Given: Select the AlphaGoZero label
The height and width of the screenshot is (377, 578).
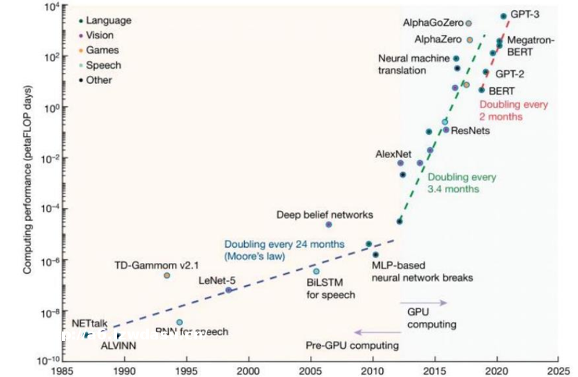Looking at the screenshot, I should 431,24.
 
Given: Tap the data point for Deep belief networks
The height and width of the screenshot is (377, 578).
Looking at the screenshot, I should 328,225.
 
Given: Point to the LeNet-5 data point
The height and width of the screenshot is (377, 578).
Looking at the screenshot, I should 228,290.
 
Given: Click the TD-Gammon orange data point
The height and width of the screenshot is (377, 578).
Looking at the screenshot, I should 167,275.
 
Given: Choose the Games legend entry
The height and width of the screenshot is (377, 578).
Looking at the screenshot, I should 102,51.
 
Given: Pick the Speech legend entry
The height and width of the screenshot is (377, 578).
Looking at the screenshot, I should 103,65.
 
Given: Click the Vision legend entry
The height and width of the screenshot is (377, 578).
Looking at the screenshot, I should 99,35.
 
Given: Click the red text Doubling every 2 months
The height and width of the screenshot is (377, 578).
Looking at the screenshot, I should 514,110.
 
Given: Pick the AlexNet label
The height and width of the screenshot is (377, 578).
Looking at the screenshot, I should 393,154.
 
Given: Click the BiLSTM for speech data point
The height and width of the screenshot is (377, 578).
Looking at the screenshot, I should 316,272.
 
